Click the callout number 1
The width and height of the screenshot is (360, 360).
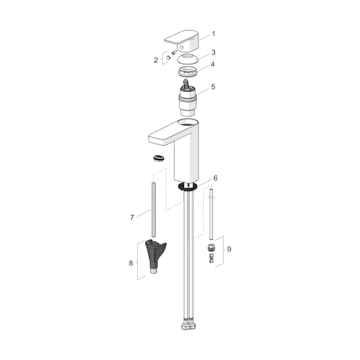pyautogui.click(x=213, y=34)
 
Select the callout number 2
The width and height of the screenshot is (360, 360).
pyautogui.click(x=156, y=60)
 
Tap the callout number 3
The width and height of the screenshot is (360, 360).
pyautogui.click(x=213, y=52)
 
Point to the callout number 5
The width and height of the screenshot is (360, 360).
pyautogui.click(x=213, y=87)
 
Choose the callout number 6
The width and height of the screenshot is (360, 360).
pyautogui.click(x=215, y=178)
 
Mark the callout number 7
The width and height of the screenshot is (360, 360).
pyautogui.click(x=132, y=217)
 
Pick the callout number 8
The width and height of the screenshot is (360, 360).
pyautogui.click(x=131, y=263)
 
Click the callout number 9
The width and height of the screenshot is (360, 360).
pyautogui.click(x=229, y=249)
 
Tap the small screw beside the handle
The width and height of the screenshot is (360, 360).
pyautogui.click(x=174, y=52)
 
